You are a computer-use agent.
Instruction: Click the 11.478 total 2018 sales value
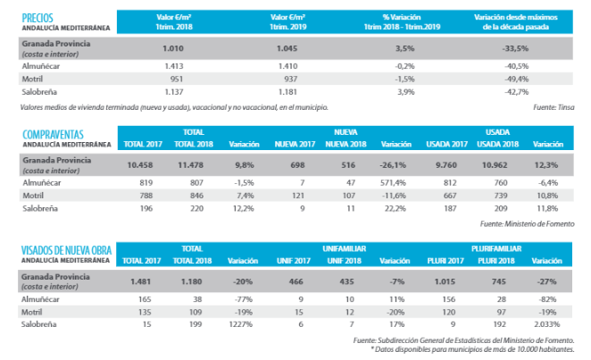click(x=192, y=163)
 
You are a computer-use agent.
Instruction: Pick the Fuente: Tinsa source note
click(x=553, y=107)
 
